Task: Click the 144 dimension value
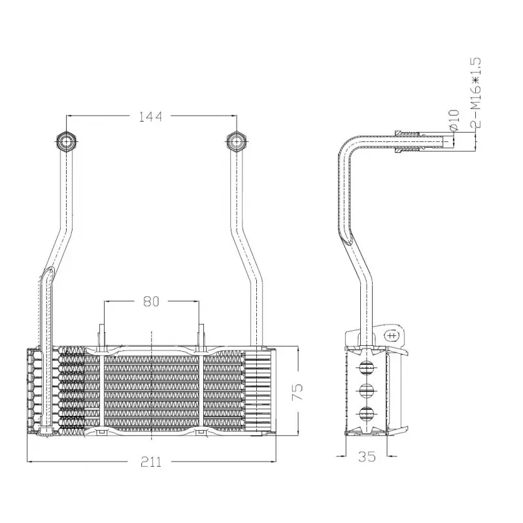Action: point(151,117)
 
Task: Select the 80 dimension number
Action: point(151,302)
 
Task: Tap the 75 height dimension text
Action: point(297,392)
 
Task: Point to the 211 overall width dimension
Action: point(151,462)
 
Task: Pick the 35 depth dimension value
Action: point(367,457)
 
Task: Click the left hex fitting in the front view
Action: point(66,141)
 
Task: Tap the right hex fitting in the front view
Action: point(235,141)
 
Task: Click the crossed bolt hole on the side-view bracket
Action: point(392,335)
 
